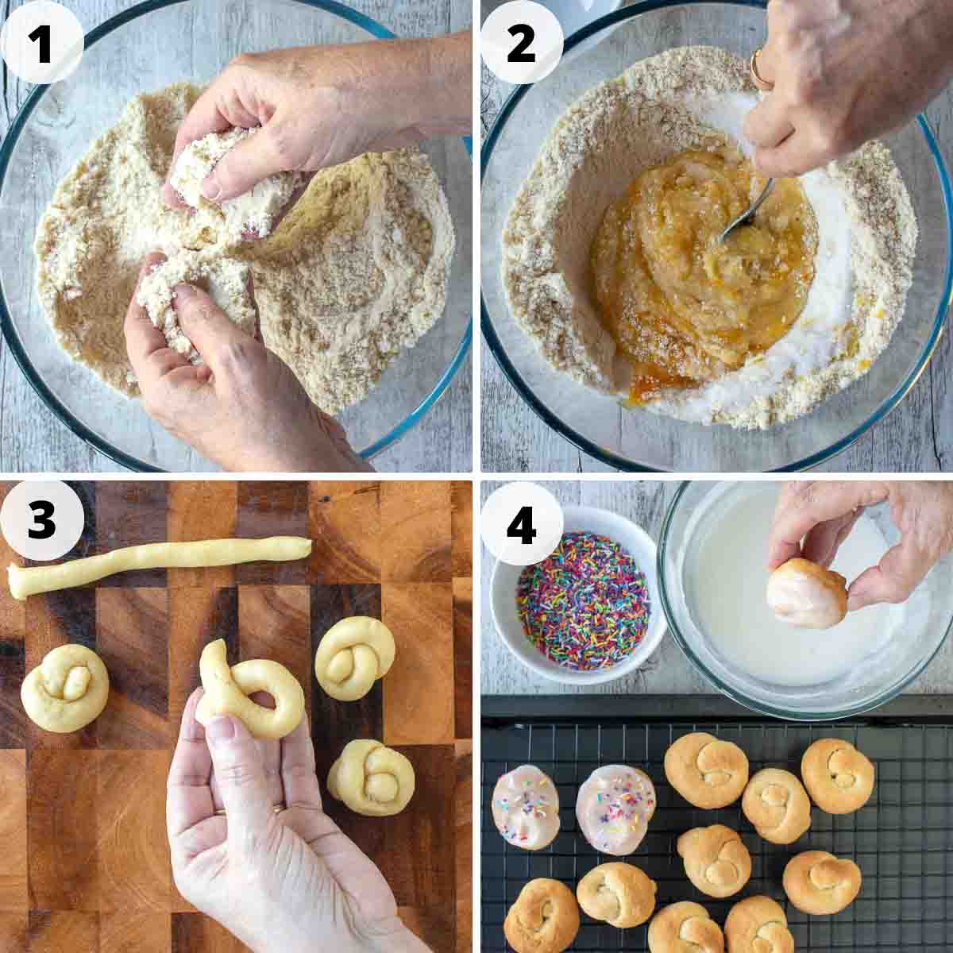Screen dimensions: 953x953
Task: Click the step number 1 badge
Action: click(41, 43)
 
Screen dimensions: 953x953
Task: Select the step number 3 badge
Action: click(41, 520)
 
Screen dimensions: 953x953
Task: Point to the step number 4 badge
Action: click(521, 524)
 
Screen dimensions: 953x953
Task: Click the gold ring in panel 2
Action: click(758, 69)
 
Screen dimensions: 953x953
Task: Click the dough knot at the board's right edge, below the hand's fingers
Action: click(371, 777)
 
